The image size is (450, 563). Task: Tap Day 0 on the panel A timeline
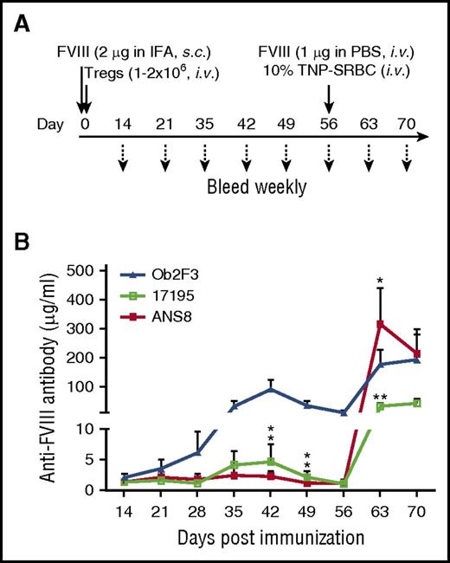pos(83,136)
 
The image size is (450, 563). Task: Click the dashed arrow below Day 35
pos(204,164)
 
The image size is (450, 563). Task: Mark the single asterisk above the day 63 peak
pos(379,281)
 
